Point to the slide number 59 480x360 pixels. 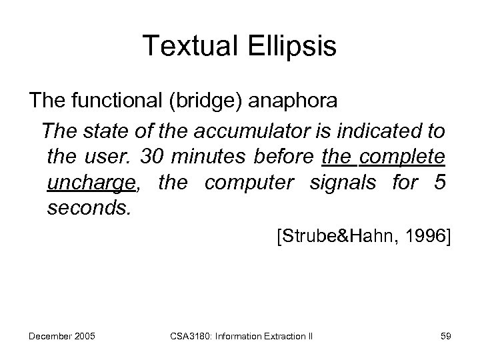445,336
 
